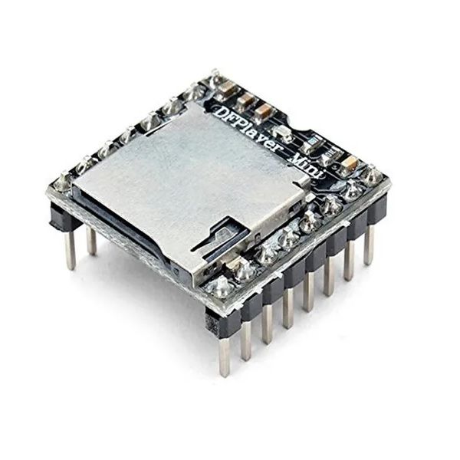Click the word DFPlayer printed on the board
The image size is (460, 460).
click(245, 127)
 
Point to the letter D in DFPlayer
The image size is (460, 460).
click(223, 112)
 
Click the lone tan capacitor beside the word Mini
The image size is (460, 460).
click(348, 163)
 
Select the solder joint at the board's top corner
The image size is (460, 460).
click(215, 77)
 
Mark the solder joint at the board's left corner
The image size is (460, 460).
click(62, 182)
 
